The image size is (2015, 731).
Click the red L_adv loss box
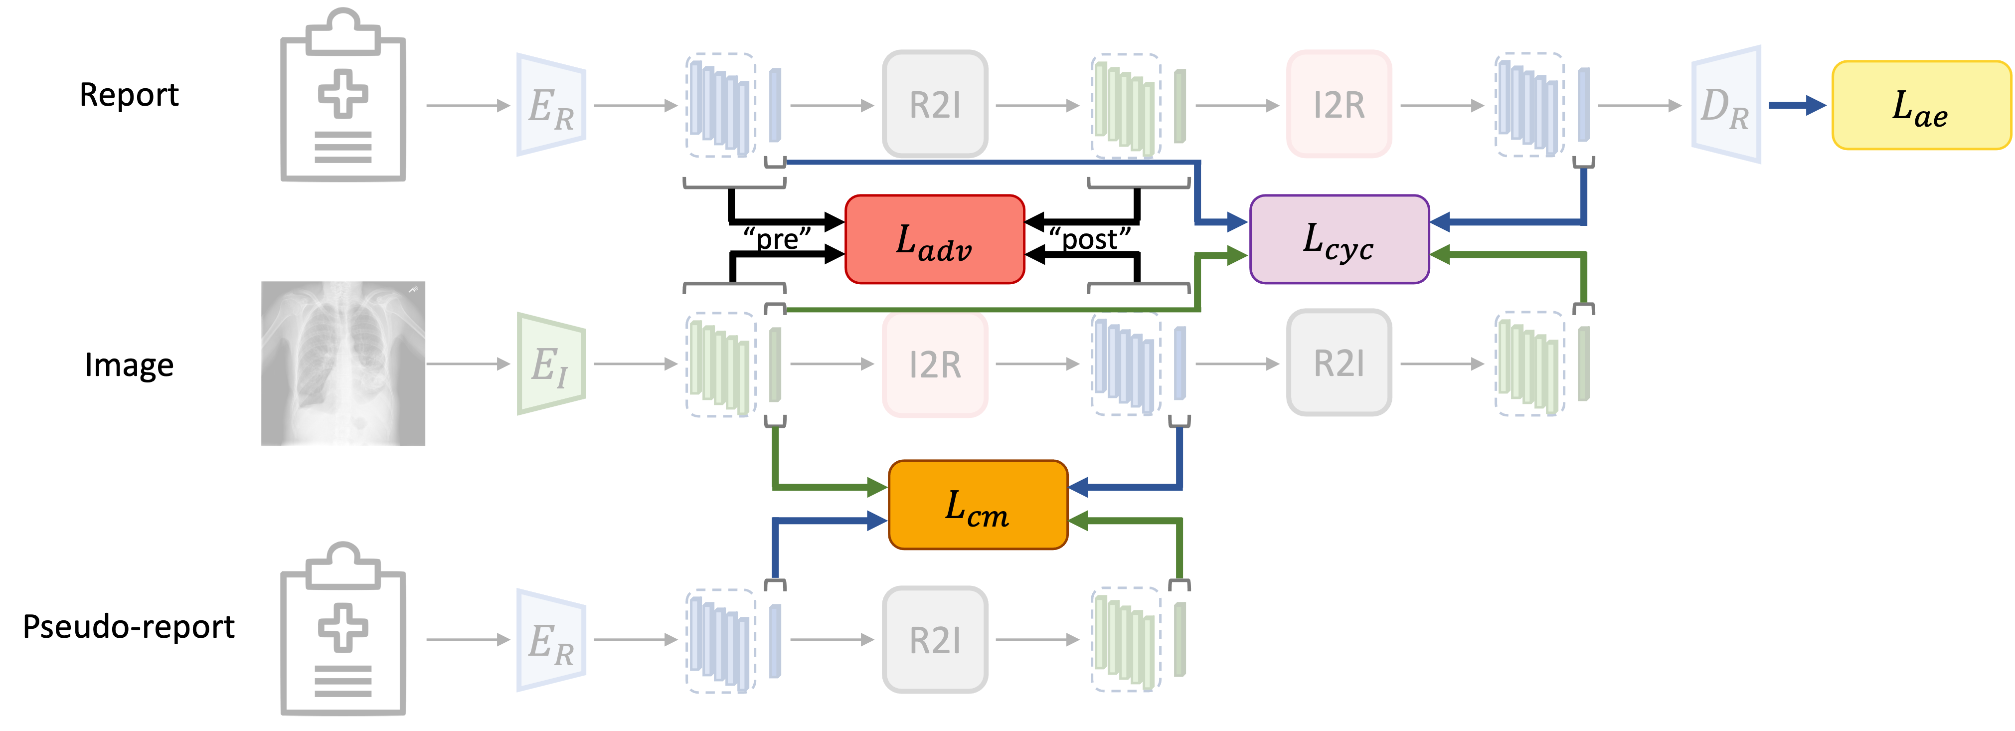pyautogui.click(x=935, y=239)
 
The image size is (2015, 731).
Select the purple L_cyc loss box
pyautogui.click(x=1339, y=239)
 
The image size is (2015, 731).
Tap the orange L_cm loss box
pyautogui.click(x=978, y=505)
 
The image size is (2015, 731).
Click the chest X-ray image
pyautogui.click(x=343, y=363)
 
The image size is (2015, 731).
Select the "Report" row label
pyautogui.click(x=129, y=95)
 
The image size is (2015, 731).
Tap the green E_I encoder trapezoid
pyautogui.click(x=551, y=364)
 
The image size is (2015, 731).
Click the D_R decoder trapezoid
pyautogui.click(x=1726, y=105)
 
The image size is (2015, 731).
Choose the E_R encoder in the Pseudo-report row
pyautogui.click(x=551, y=640)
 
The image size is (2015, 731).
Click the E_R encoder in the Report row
pyautogui.click(x=551, y=105)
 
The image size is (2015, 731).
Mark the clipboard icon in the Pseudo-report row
pyautogui.click(x=343, y=628)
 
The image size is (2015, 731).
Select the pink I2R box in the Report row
pyautogui.click(x=1339, y=105)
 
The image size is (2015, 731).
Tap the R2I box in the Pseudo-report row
pyautogui.click(x=935, y=640)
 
